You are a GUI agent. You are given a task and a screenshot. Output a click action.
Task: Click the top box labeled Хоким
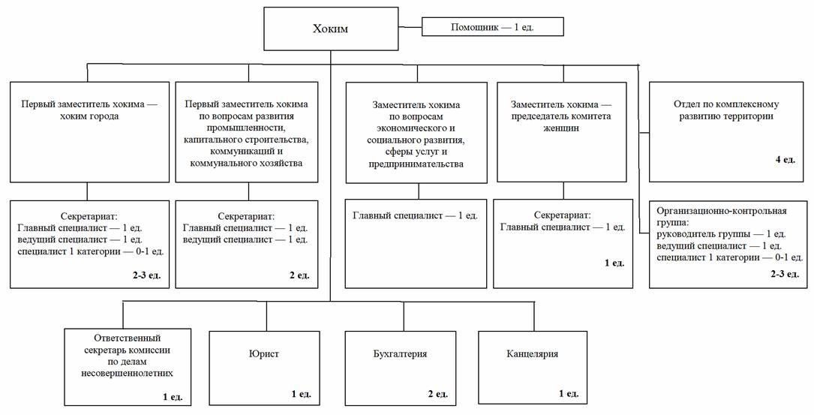tap(331, 30)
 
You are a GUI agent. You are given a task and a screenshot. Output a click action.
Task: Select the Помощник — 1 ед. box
tap(492, 28)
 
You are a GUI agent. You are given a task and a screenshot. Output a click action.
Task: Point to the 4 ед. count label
tap(785, 161)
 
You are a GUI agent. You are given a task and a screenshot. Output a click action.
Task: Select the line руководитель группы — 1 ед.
tap(721, 234)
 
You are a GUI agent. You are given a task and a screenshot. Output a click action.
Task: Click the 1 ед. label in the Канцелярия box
tap(568, 393)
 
